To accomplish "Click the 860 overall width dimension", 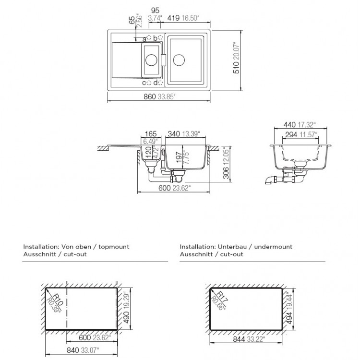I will click(x=149, y=96).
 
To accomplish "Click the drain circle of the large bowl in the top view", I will click(x=179, y=60).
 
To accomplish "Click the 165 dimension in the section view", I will click(x=150, y=134).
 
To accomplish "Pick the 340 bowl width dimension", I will click(x=173, y=134).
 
